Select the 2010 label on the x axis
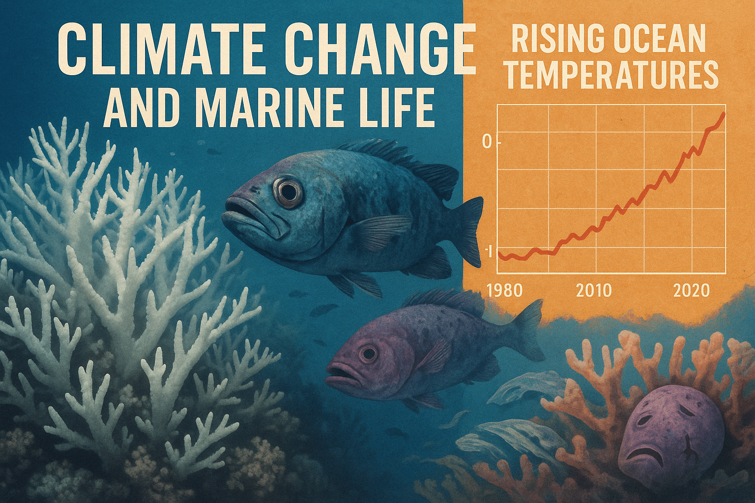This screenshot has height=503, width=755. coord(593,291)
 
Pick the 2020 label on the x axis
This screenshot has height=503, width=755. coord(692,291)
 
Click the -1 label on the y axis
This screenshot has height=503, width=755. coord(488,251)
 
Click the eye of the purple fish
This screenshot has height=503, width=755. coord(368,353)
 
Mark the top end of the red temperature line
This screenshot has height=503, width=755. coord(724,114)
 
